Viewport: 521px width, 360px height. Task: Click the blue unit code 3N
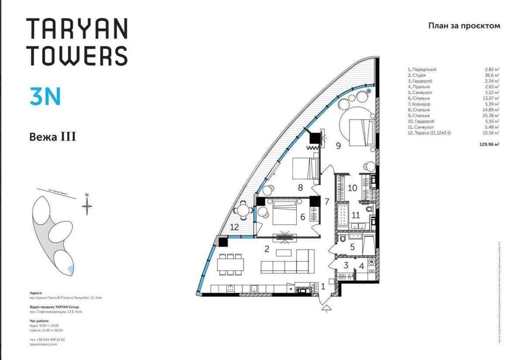pyautogui.click(x=45, y=96)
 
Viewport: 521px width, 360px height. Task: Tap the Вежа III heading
pyautogui.click(x=53, y=137)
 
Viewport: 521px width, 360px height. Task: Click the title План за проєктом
pyautogui.click(x=464, y=26)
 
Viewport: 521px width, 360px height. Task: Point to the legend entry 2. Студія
pyautogui.click(x=416, y=75)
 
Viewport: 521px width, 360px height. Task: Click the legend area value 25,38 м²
pyautogui.click(x=491, y=116)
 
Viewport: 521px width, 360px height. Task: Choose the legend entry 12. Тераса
pyautogui.click(x=429, y=133)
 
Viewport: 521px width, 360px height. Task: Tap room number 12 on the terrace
pyautogui.click(x=234, y=226)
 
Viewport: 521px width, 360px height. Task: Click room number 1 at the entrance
pyautogui.click(x=323, y=286)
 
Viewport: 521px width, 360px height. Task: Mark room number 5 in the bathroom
pyautogui.click(x=352, y=247)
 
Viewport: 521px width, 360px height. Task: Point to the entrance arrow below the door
pyautogui.click(x=326, y=308)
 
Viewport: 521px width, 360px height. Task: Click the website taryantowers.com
pyautogui.click(x=41, y=344)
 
